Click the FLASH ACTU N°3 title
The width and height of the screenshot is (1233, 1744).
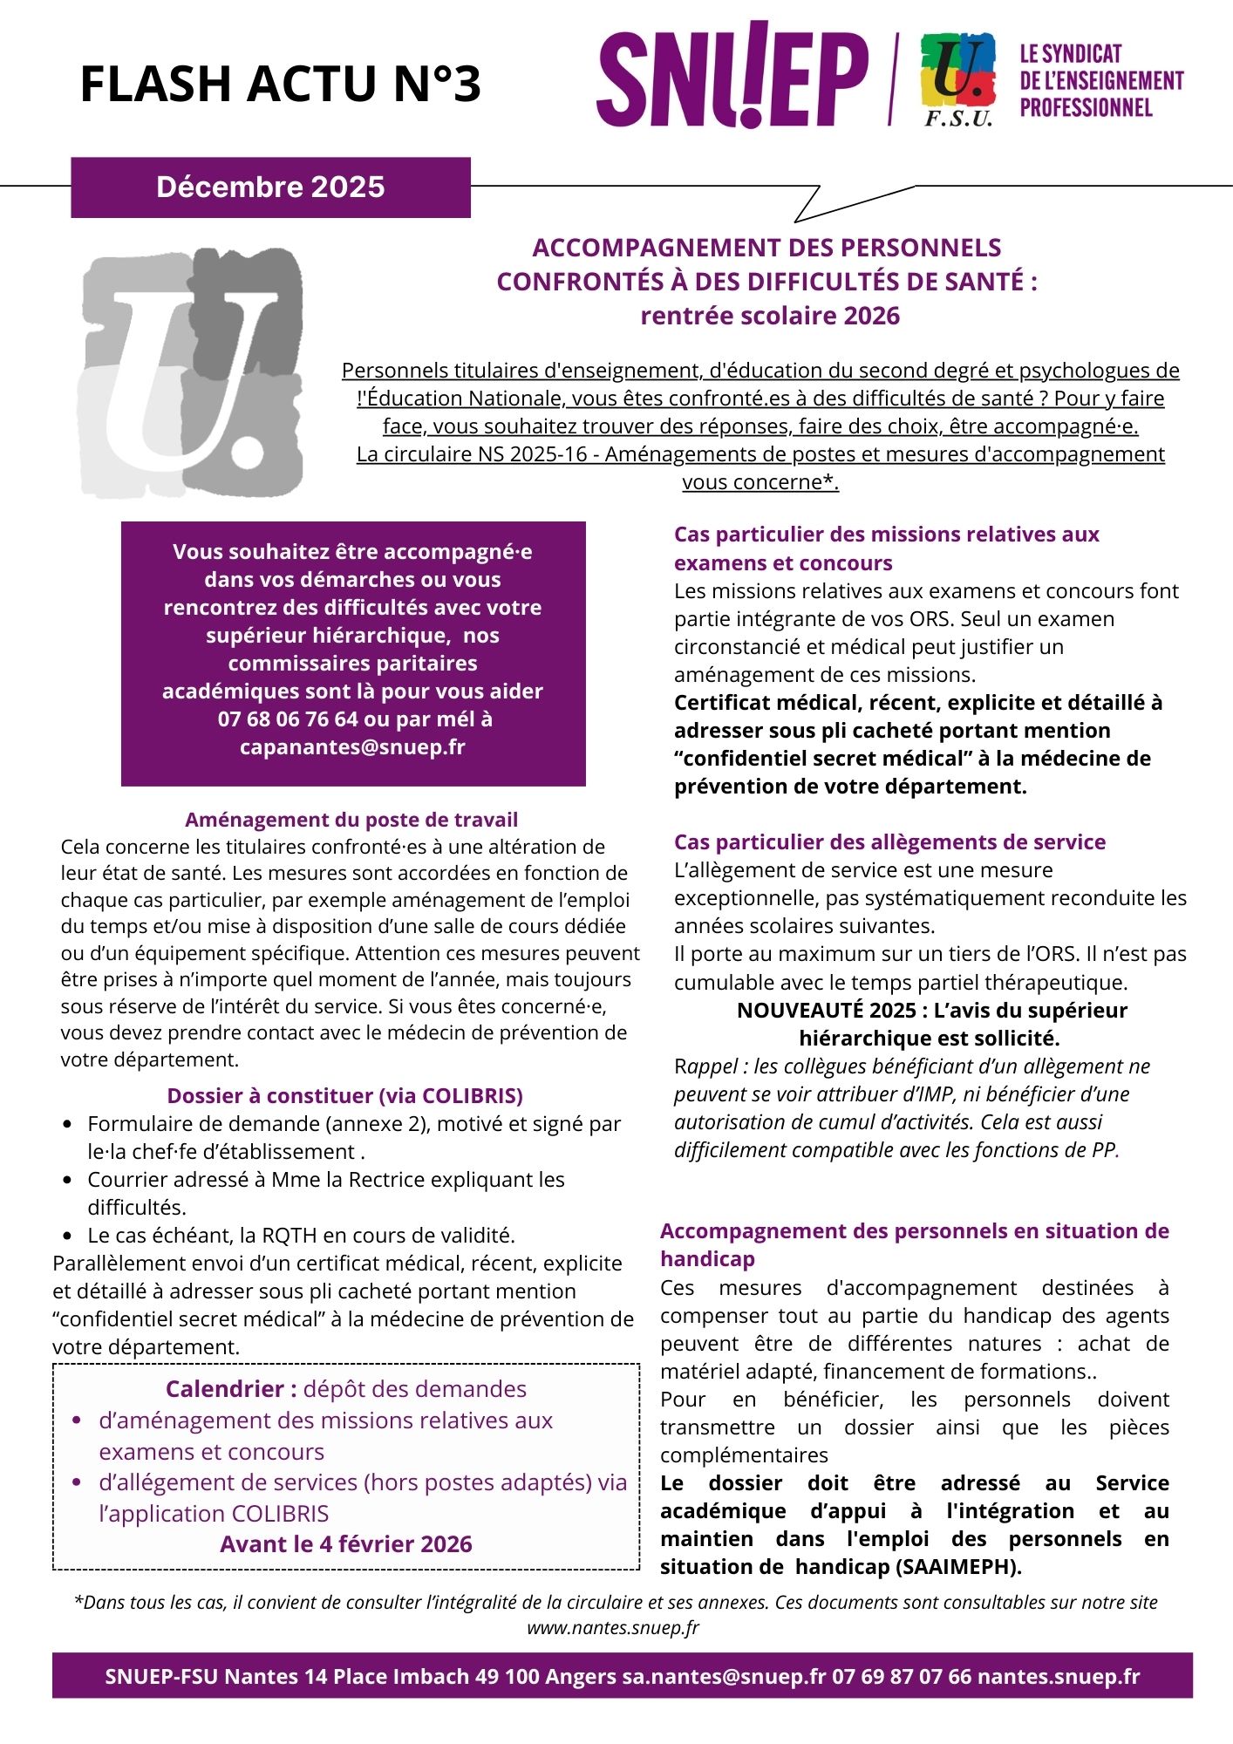pyautogui.click(x=280, y=85)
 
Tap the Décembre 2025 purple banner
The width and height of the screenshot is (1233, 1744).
pyautogui.click(x=270, y=187)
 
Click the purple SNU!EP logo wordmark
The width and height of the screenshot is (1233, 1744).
pyautogui.click(x=732, y=76)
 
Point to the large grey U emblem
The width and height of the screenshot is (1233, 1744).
pyautogui.click(x=193, y=373)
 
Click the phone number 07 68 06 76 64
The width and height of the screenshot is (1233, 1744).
pyautogui.click(x=288, y=719)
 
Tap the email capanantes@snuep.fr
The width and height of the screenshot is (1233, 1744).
pyautogui.click(x=352, y=747)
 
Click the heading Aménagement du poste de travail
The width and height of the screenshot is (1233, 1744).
pyautogui.click(x=351, y=820)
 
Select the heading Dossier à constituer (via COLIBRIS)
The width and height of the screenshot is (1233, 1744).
pyautogui.click(x=345, y=1096)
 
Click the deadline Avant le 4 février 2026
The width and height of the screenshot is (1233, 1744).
pyautogui.click(x=345, y=1544)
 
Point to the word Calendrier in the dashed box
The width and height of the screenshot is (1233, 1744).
pyautogui.click(x=225, y=1389)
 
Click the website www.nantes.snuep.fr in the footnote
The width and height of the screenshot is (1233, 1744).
pyautogui.click(x=613, y=1627)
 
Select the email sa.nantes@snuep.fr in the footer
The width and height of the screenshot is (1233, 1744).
pyautogui.click(x=723, y=1676)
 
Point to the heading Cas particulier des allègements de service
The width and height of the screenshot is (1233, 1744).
pyautogui.click(x=889, y=842)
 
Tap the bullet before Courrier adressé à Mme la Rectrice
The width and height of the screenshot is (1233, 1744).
pyautogui.click(x=68, y=1181)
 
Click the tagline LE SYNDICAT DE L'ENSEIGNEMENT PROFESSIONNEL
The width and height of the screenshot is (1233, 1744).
pyautogui.click(x=1101, y=81)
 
